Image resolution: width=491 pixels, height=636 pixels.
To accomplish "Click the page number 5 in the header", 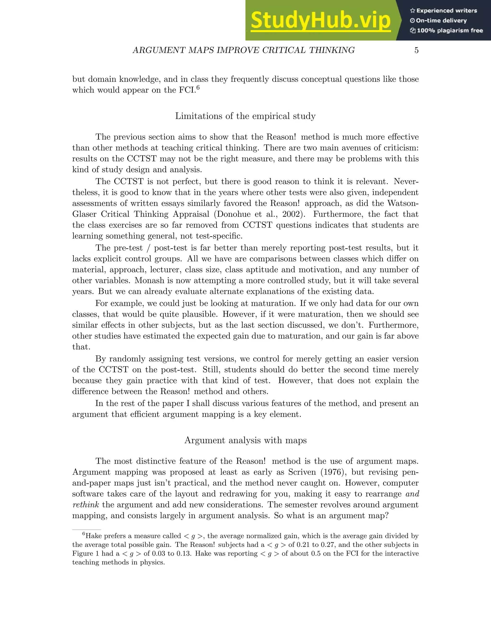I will click(x=416, y=50).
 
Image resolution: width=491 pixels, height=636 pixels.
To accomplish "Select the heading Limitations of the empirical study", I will click(x=245, y=116).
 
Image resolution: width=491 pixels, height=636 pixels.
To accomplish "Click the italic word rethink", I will click(x=86, y=505).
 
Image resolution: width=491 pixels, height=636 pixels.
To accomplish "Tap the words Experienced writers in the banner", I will click(x=446, y=11).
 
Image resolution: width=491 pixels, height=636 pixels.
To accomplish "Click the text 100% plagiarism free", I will click(x=450, y=30).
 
